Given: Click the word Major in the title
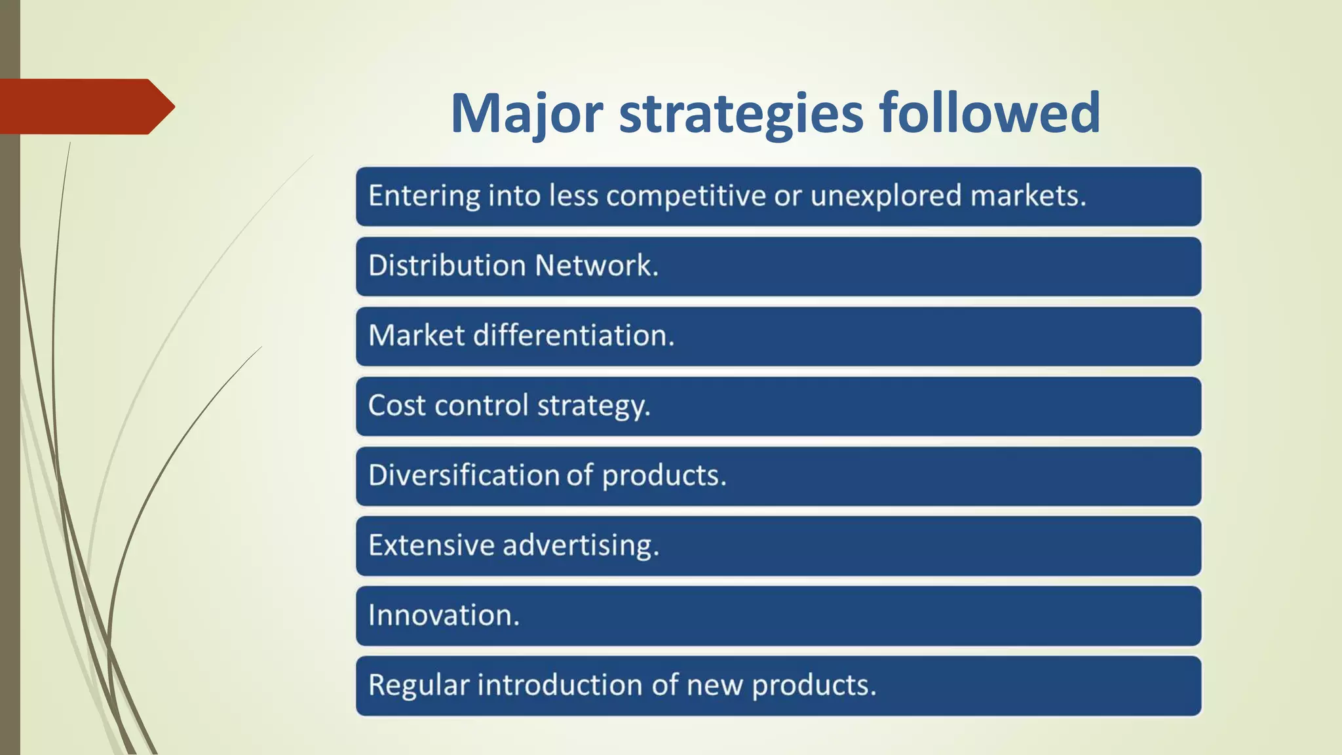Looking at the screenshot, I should coord(526,113).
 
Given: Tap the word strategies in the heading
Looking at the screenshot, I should coord(741,113).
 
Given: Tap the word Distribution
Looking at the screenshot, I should coord(447,265).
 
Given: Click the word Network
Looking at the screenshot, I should coord(596,265).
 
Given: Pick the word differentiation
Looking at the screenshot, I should coord(573,335).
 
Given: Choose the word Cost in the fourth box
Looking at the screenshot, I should coord(396,405).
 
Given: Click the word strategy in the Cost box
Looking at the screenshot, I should coord(593,405).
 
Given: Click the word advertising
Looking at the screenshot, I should coord(580,545).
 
